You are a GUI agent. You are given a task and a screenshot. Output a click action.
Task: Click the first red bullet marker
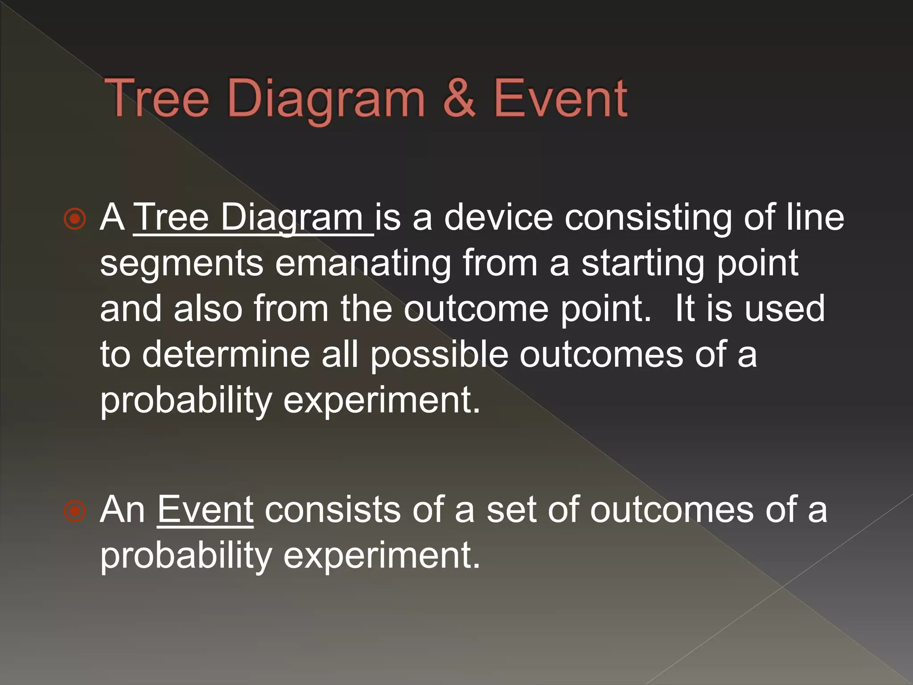[74, 219]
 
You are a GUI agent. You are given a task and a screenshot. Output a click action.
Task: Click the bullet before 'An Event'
[74, 511]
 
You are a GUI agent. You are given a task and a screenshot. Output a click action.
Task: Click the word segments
[182, 264]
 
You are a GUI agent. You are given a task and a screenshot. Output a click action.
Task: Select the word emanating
[363, 264]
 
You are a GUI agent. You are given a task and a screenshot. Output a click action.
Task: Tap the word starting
[643, 264]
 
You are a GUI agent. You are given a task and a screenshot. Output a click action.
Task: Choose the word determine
[226, 354]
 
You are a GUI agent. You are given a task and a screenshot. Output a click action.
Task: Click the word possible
[439, 355]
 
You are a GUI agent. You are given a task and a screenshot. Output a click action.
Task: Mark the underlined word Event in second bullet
[205, 510]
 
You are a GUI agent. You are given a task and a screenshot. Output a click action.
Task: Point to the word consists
[332, 510]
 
